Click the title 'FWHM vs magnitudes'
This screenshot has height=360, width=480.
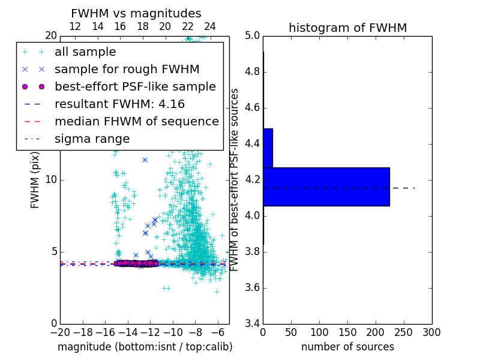point(136,13)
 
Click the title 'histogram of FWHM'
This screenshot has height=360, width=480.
point(347,28)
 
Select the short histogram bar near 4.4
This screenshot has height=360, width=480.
point(268,148)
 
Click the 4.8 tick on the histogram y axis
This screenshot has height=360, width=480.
point(252,72)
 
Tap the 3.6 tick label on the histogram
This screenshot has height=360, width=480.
point(252,288)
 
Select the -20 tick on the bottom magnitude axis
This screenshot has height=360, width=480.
point(60,332)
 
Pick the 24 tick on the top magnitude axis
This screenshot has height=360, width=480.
point(210,26)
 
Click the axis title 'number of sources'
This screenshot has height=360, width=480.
point(347,347)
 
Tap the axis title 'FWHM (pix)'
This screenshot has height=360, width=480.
point(35,179)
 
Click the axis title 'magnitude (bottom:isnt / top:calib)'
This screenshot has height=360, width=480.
point(145,347)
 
